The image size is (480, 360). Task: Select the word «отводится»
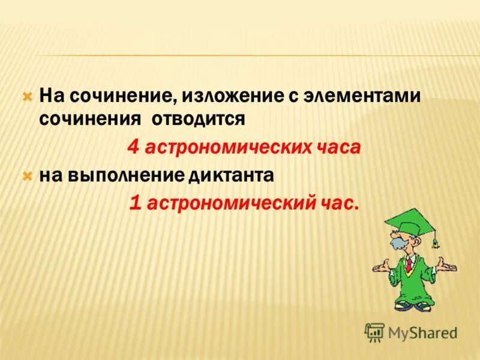(197, 118)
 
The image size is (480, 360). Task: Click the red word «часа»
(337, 148)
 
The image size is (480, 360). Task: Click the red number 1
(136, 204)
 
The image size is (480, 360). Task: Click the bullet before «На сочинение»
(26, 96)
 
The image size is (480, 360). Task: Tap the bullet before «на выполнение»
(26, 176)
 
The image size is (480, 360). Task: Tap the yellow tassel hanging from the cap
(436, 239)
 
